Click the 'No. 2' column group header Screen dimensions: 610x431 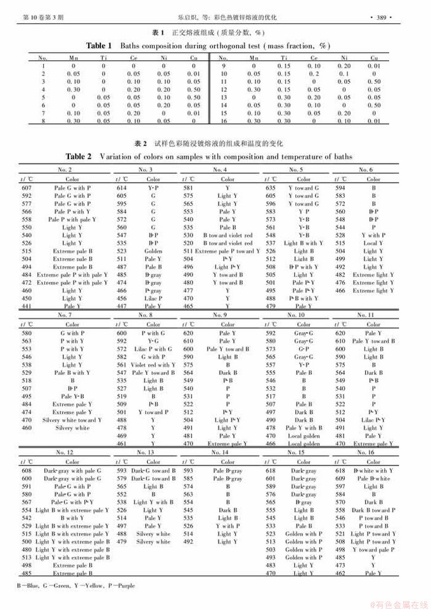[64, 169]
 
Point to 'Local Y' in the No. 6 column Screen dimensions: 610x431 [373, 243]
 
